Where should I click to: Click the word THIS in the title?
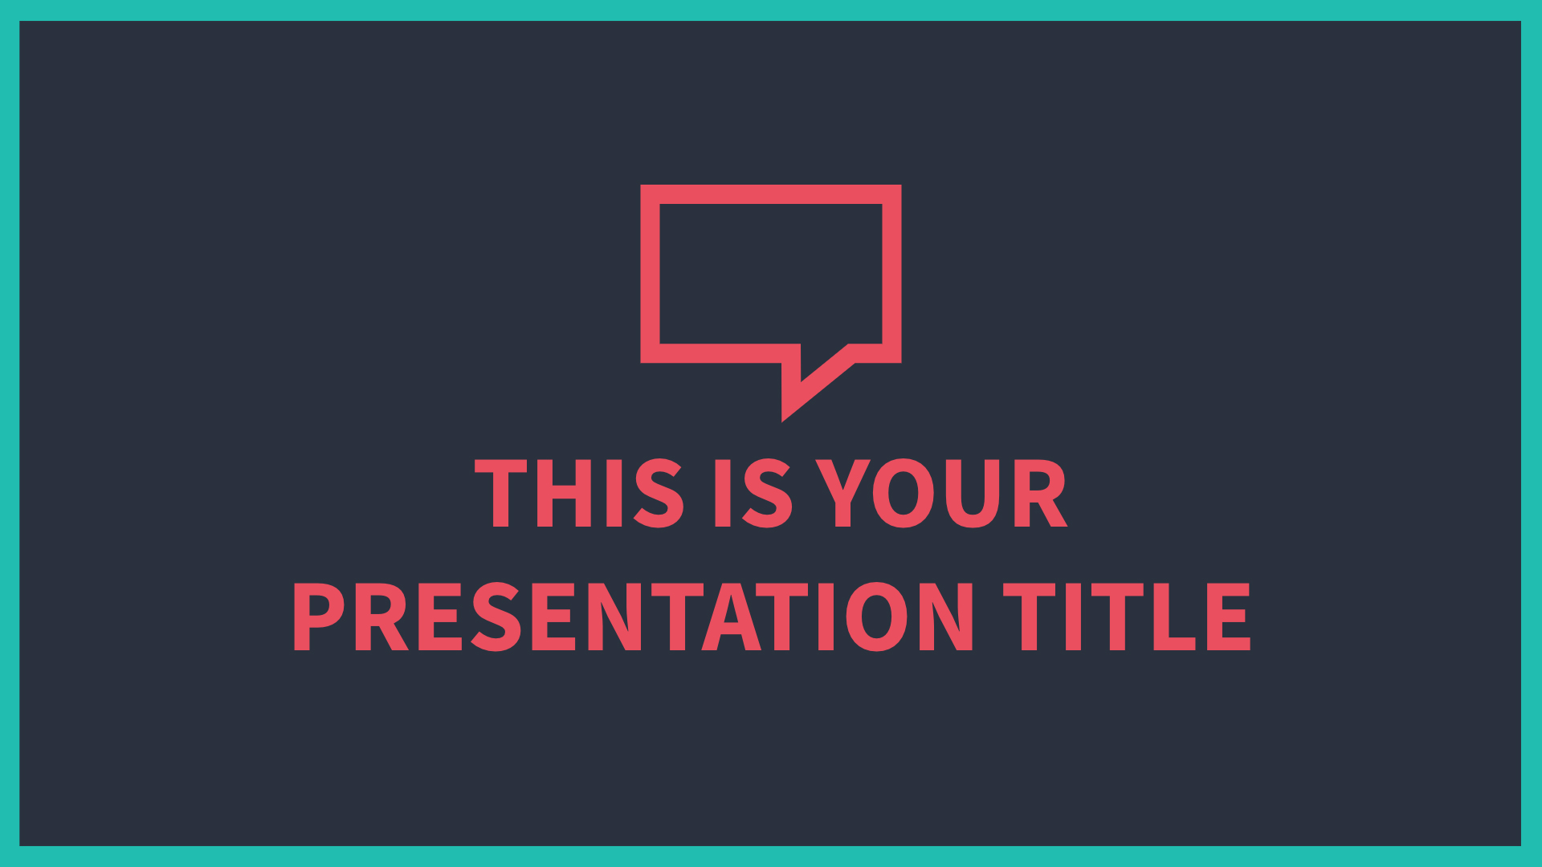(579, 493)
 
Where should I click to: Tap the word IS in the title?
(753, 493)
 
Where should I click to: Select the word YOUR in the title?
(941, 493)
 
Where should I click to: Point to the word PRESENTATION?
(634, 616)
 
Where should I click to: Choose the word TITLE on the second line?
(1127, 616)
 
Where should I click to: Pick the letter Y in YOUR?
(843, 493)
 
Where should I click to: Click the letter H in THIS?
(565, 493)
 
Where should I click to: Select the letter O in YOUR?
(904, 493)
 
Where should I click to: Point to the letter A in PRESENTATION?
(731, 616)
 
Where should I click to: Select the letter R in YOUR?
(1042, 493)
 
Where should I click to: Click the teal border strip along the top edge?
(771, 10)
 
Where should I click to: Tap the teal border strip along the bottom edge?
(771, 857)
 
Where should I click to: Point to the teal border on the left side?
(10, 433)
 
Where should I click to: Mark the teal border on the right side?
(1532, 433)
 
